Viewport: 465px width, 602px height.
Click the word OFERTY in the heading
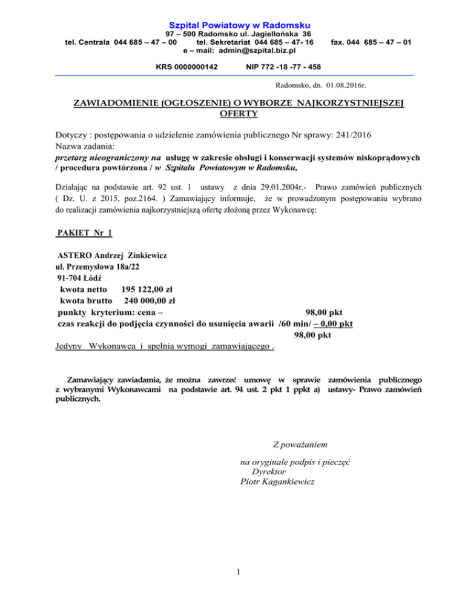pyautogui.click(x=234, y=113)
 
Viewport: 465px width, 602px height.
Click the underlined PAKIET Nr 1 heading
pyautogui.click(x=83, y=233)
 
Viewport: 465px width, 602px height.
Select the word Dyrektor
pyautogui.click(x=269, y=471)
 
